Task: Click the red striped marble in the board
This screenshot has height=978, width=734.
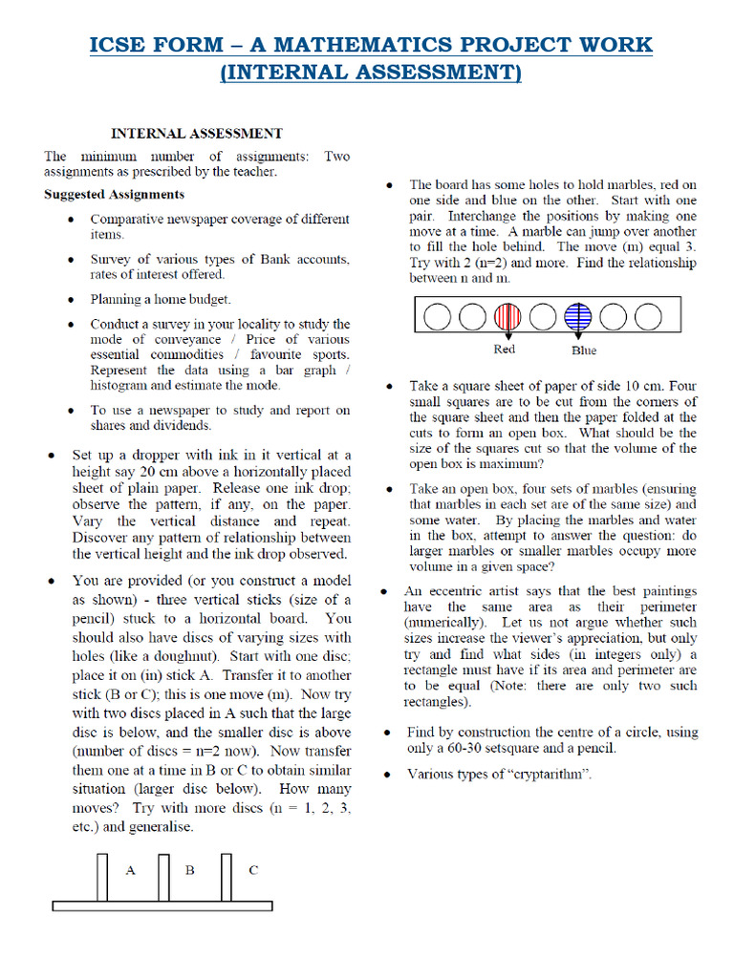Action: click(x=507, y=316)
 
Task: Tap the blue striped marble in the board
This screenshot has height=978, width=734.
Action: click(x=577, y=316)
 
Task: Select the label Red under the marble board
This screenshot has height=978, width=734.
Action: click(x=505, y=350)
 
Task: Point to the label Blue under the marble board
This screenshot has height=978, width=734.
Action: click(x=583, y=351)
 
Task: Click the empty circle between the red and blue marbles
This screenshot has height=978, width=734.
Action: click(x=542, y=316)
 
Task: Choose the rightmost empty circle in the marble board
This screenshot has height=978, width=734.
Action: click(x=648, y=316)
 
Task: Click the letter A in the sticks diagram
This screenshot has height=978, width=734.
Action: click(x=131, y=869)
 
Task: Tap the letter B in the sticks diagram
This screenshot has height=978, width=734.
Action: click(x=190, y=869)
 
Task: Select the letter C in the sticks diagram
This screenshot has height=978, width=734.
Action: click(x=253, y=869)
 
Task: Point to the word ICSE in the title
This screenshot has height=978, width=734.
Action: click(x=121, y=45)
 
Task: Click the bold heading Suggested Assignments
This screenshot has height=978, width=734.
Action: click(x=114, y=194)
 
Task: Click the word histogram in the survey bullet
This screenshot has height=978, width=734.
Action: click(x=123, y=386)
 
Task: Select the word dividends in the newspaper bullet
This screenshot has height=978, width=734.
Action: click(x=181, y=426)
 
